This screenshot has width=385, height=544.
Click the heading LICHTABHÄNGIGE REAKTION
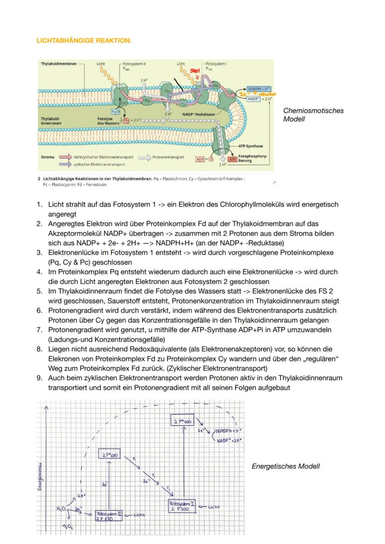(x=84, y=41)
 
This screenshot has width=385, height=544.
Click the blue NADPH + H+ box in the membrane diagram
(x=259, y=88)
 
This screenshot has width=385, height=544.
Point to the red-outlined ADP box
(x=200, y=159)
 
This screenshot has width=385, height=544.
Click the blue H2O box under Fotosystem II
(x=115, y=112)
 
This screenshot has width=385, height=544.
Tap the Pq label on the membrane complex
(x=146, y=100)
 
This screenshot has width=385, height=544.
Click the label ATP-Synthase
(x=251, y=146)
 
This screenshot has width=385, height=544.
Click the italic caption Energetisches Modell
(x=285, y=466)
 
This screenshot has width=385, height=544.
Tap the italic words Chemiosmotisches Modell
(x=313, y=115)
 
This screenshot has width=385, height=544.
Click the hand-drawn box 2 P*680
(x=110, y=455)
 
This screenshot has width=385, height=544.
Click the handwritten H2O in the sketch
(x=61, y=509)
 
